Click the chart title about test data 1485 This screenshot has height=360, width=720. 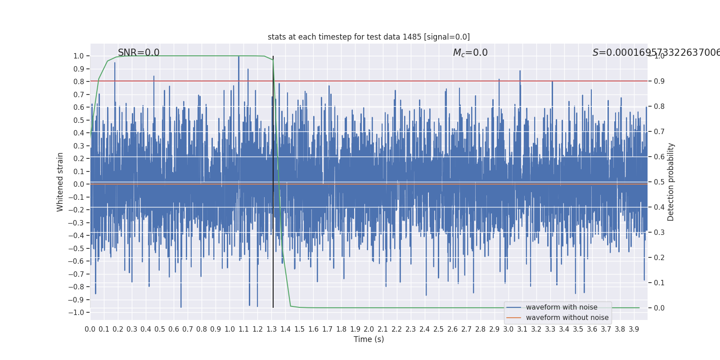coord(369,37)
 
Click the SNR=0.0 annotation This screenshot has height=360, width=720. coord(139,53)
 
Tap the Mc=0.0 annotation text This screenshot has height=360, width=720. coord(470,53)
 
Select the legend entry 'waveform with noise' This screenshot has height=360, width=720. coord(562,307)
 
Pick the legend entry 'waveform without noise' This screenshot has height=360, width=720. coord(567,318)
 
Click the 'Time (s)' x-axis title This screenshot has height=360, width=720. coord(369,339)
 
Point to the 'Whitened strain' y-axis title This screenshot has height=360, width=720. coord(60,182)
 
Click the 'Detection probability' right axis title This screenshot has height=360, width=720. coord(671,182)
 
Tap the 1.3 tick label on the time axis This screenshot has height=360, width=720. coord(271,329)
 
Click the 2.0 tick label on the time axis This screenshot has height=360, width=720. coord(369,329)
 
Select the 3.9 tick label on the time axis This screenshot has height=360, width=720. coord(634,329)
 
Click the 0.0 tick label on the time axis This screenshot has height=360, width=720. coord(90,329)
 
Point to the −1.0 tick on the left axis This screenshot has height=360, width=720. coord(78,312)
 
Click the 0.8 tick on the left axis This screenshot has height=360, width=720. coord(79,81)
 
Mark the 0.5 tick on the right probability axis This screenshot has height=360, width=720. coord(659,182)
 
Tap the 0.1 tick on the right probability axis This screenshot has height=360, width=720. coord(659,283)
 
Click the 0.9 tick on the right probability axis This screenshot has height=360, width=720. coord(659,81)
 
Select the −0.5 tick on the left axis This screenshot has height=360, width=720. coord(78,248)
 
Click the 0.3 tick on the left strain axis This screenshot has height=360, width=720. coord(79,146)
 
